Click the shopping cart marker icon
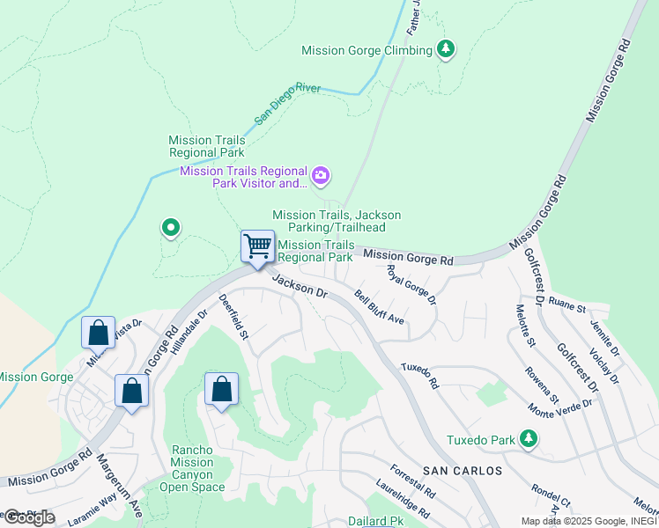point(257,246)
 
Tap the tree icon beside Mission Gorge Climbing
point(447,49)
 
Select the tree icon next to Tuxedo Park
point(528,437)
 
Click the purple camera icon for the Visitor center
point(321,177)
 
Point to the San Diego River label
point(288,105)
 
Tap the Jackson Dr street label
point(300,289)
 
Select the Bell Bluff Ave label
point(379,308)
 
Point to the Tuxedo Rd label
point(419,375)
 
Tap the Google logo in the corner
point(29,517)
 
